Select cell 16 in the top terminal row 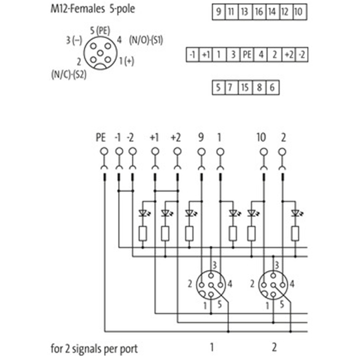pos(259,11)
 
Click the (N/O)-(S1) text pos(146,40)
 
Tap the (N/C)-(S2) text pos(69,74)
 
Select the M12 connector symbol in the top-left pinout pos(100,53)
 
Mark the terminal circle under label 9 pos(201,152)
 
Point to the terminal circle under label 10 pos(264,152)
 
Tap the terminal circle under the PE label pos(104,152)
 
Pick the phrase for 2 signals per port pos(94,348)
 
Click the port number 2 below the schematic pos(274,347)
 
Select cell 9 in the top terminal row pos(218,11)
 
